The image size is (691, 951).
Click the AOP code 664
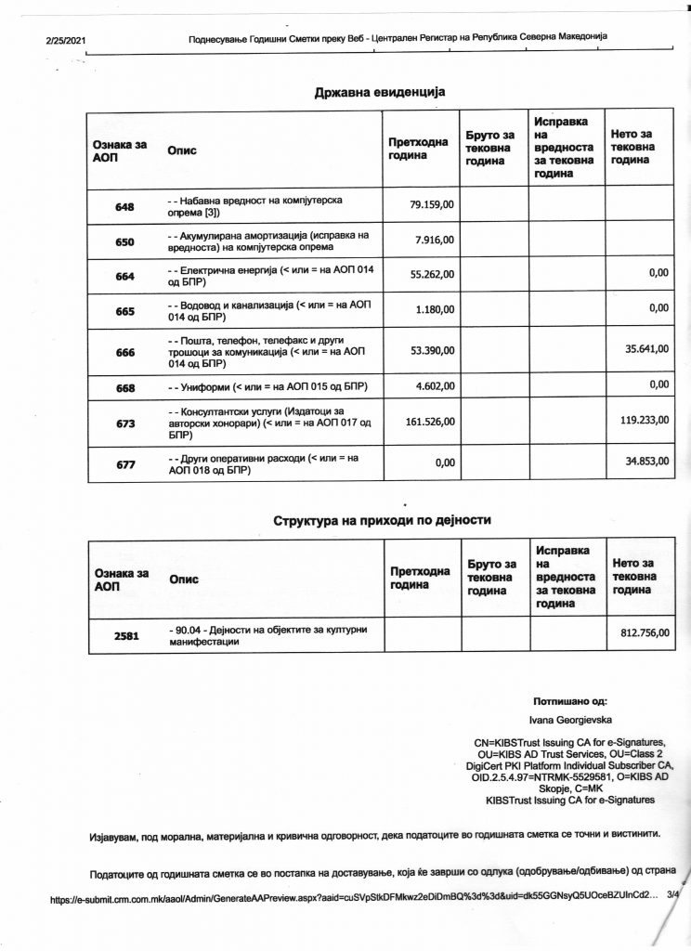(x=125, y=277)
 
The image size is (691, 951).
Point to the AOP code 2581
(x=125, y=637)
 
